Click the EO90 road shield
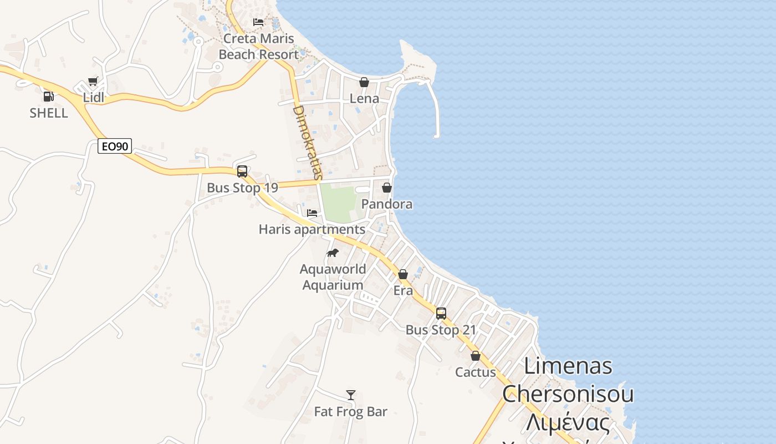click(x=115, y=147)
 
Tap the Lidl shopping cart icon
click(x=93, y=82)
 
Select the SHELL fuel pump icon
click(x=49, y=97)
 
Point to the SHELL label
click(x=49, y=113)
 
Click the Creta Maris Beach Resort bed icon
click(x=258, y=22)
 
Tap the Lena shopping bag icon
click(x=364, y=82)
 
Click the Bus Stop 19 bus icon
click(x=242, y=171)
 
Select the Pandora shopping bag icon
click(x=387, y=188)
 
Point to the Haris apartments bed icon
click(x=312, y=213)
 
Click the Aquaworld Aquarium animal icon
click(x=333, y=253)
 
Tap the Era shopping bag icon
click(x=403, y=274)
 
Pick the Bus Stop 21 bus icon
click(x=441, y=313)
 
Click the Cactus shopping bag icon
click(x=476, y=356)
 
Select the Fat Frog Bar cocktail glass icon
click(x=351, y=395)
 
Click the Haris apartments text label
click(x=312, y=229)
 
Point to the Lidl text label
click(x=94, y=98)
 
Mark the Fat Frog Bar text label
click(x=351, y=412)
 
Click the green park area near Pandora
click(x=339, y=203)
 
